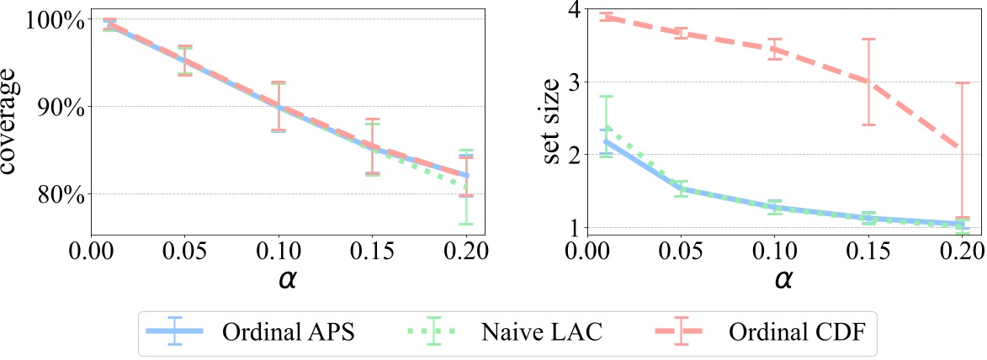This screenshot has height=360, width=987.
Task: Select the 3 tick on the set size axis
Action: click(x=575, y=82)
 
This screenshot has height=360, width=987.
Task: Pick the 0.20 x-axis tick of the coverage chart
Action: click(x=465, y=251)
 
